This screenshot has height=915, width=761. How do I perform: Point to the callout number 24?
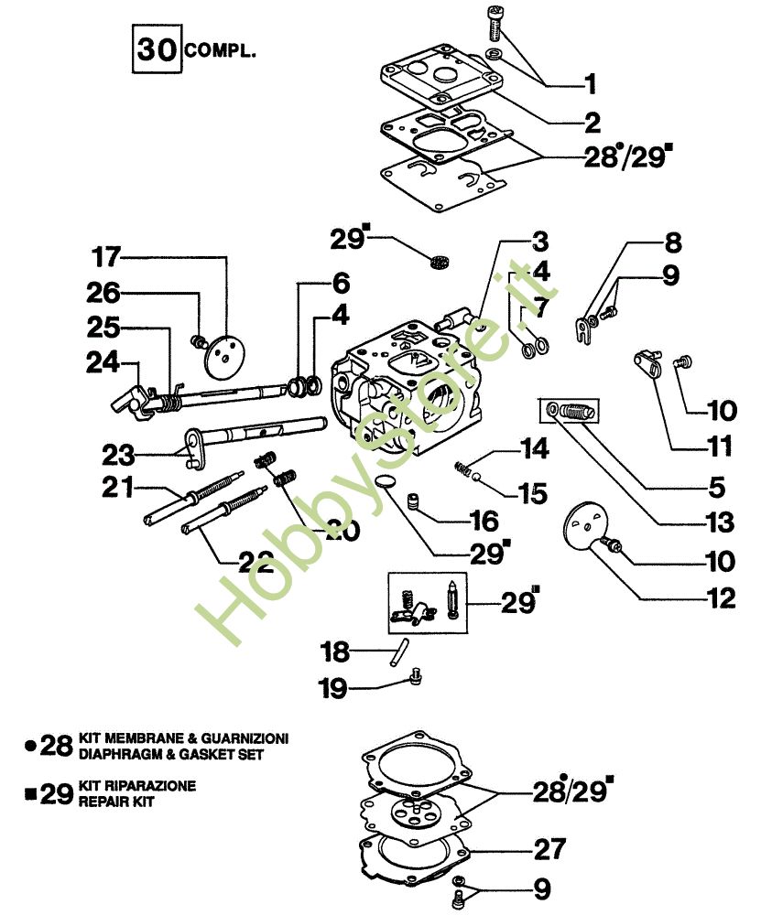(103, 363)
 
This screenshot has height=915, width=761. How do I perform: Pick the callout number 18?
(335, 651)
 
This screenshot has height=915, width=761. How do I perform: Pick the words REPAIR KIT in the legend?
(116, 802)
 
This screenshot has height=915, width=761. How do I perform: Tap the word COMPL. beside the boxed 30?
(220, 49)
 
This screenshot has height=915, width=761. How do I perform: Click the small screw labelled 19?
(417, 678)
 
